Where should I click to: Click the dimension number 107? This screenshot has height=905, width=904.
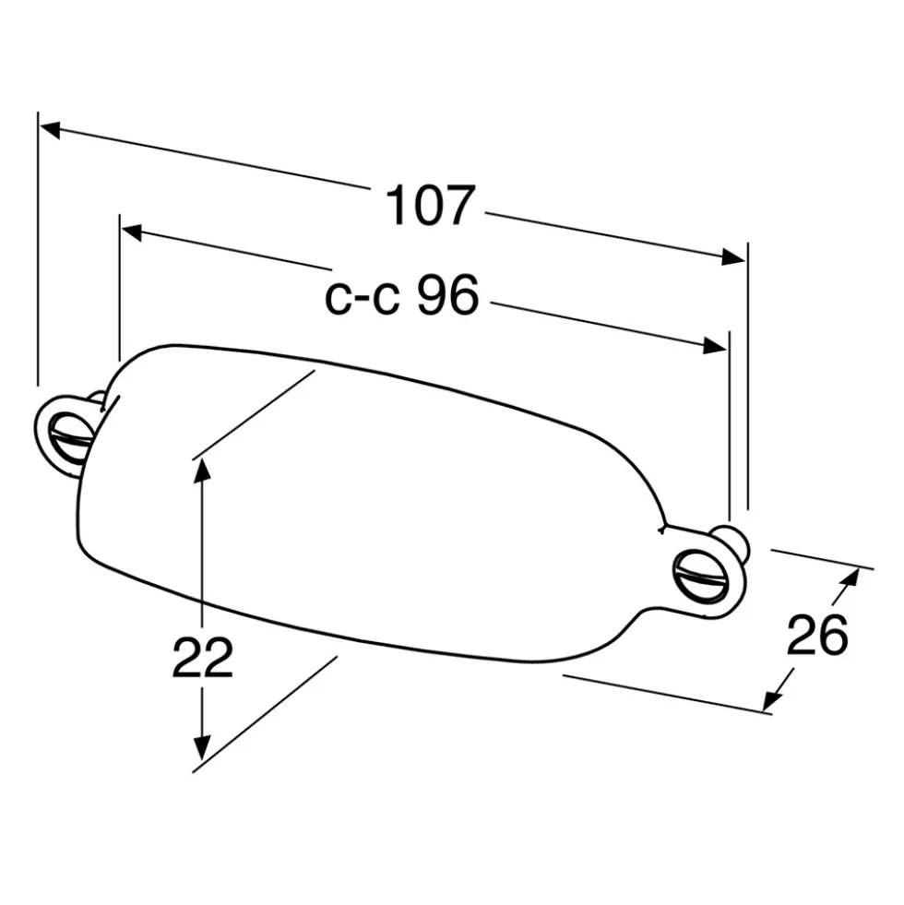click(430, 205)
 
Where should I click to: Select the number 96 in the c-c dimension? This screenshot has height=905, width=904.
click(448, 294)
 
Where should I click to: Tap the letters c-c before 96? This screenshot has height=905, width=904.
click(363, 299)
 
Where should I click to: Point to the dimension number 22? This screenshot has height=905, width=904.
click(203, 658)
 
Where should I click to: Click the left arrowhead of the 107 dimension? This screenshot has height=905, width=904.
click(50, 129)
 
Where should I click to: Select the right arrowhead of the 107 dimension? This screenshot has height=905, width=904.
click(733, 256)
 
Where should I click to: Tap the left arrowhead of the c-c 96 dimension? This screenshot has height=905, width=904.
click(132, 232)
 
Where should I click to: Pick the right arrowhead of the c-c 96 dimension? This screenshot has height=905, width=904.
click(715, 345)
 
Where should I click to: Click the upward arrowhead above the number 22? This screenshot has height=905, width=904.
click(201, 477)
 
